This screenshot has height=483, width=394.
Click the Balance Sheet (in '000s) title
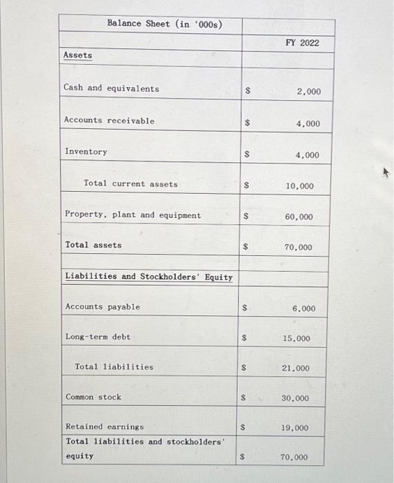point(164,23)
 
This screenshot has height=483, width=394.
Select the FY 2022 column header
point(302,43)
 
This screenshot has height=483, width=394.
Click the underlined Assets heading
point(77,55)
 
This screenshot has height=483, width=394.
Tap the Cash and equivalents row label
point(111,88)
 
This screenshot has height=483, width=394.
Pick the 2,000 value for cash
point(308,92)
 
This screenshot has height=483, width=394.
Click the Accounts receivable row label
point(109,121)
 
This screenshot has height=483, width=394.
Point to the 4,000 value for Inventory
point(308,155)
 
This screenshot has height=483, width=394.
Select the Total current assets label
point(130,184)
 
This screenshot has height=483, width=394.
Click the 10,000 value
point(299,186)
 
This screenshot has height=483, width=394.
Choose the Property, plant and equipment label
point(132,215)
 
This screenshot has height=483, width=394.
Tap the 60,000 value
point(298,217)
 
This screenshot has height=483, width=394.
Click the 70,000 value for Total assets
point(298,248)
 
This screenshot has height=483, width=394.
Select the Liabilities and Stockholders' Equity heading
point(148,277)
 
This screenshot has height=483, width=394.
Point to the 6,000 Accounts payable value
point(304,308)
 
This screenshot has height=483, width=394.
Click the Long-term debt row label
point(97,337)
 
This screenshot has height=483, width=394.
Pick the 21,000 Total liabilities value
point(296,369)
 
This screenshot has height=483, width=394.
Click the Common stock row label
point(93,397)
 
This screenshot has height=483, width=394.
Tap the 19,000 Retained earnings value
point(295,428)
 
